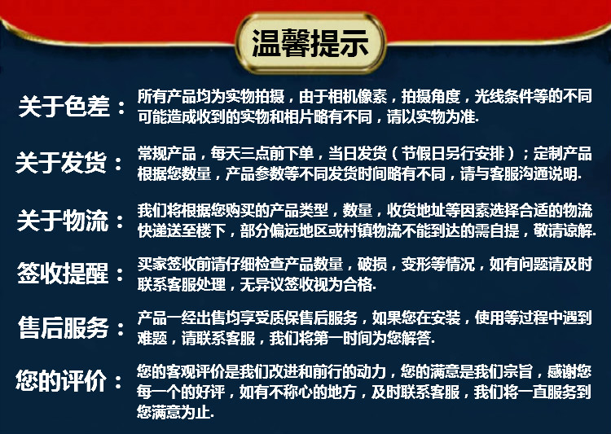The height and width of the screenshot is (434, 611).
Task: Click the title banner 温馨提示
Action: [x=305, y=43]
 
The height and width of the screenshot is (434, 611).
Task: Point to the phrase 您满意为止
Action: [x=174, y=414]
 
